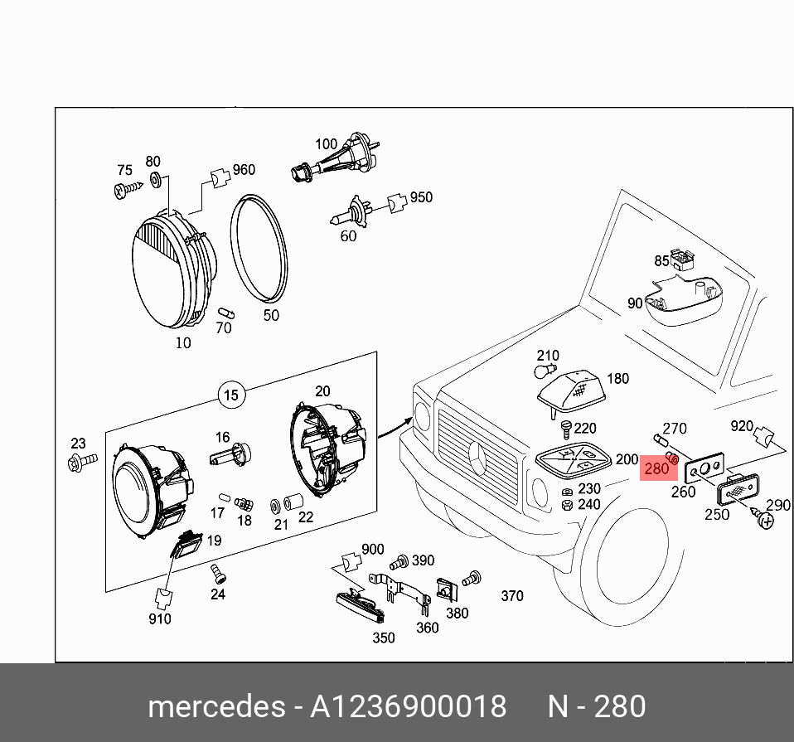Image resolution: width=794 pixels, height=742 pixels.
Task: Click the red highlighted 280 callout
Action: tap(656, 468)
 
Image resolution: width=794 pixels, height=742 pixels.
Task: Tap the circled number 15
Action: tap(231, 395)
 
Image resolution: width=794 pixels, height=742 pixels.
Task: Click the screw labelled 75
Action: tap(125, 190)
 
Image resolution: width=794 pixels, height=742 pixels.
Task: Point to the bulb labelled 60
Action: tap(352, 216)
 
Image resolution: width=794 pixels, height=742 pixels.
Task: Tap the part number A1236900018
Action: tap(408, 707)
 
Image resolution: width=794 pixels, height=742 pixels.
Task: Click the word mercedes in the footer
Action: tap(215, 707)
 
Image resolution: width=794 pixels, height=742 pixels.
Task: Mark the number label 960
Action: tap(244, 170)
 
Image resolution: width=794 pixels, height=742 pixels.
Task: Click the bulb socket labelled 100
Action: tap(336, 162)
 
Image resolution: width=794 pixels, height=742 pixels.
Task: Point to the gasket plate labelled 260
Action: tap(705, 468)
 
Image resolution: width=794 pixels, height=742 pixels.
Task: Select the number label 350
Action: tap(383, 638)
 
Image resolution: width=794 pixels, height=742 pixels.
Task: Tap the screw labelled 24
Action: tap(217, 571)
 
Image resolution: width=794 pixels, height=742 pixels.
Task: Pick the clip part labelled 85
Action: tap(681, 260)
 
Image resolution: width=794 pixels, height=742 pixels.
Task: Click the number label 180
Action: tap(617, 379)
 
